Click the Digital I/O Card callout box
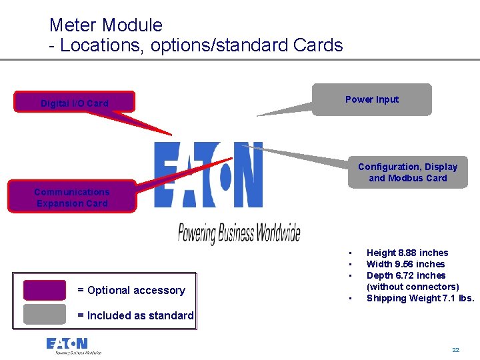75,102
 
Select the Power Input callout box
371,99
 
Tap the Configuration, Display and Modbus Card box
407,173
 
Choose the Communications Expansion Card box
72,197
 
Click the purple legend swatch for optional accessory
45,290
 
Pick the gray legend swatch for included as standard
45,315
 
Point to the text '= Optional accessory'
131,290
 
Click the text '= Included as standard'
136,315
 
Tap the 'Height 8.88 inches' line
407,253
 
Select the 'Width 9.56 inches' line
405,264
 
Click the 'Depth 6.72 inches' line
405,275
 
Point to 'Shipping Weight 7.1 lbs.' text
420,298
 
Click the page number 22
455,350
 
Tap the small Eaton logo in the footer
73,345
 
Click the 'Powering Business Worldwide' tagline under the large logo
239,233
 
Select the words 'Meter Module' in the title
106,25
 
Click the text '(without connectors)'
412,287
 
